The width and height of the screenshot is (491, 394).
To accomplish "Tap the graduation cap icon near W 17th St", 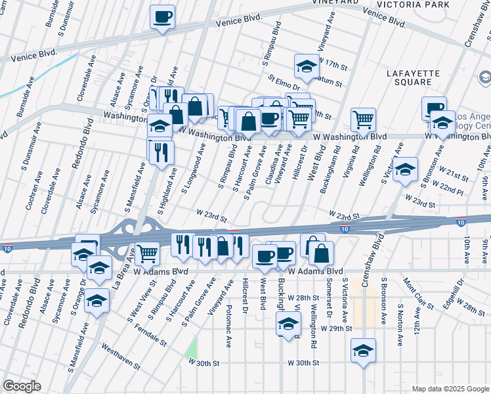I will (x=306, y=66).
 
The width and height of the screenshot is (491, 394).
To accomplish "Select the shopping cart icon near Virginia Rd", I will (x=363, y=120).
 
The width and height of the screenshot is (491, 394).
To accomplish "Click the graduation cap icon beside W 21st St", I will (x=406, y=169).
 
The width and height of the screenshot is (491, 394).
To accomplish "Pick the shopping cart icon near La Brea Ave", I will (x=148, y=253).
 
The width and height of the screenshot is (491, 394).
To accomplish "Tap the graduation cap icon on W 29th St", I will (x=288, y=324).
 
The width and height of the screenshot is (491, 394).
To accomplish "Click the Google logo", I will (x=21, y=386).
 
